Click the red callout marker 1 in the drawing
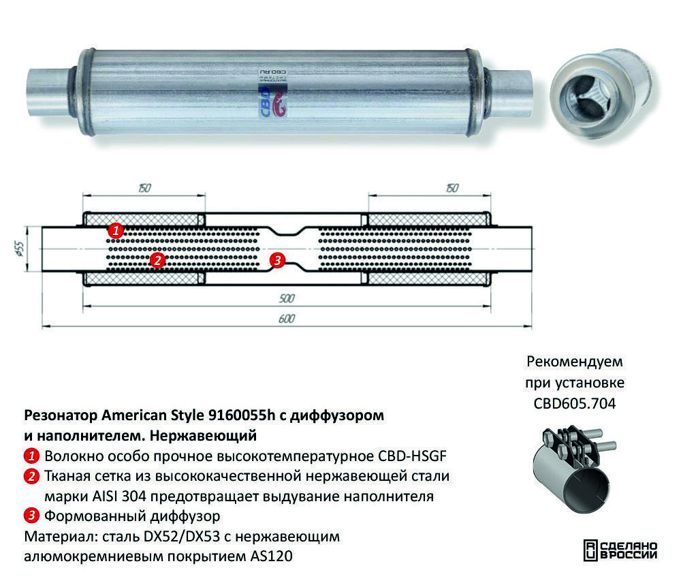(x=116, y=230)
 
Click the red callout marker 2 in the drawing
(x=157, y=260)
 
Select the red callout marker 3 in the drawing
(x=277, y=260)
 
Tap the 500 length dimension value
(x=287, y=298)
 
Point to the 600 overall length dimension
(x=287, y=319)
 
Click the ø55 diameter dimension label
(x=18, y=249)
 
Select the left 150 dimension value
(x=144, y=188)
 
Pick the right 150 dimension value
(x=452, y=188)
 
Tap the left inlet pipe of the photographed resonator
(x=48, y=92)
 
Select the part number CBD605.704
(x=575, y=403)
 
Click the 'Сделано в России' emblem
(x=620, y=550)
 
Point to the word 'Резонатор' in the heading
(x=61, y=415)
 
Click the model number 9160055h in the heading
(x=242, y=415)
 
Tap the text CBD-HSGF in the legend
(x=412, y=456)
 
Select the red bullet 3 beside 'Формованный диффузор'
(x=31, y=516)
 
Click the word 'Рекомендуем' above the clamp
(x=575, y=362)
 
